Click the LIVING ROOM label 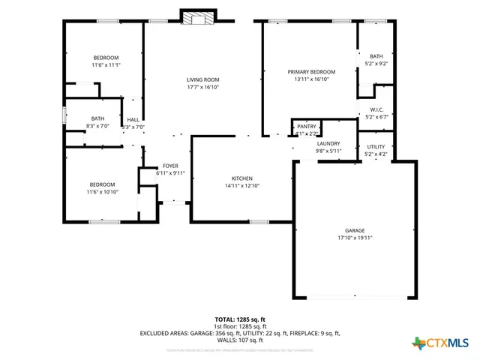click(x=202, y=79)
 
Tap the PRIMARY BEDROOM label click(x=311, y=72)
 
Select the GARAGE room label click(x=355, y=230)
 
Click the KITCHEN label click(x=241, y=178)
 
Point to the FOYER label click(x=170, y=166)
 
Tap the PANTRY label click(x=306, y=127)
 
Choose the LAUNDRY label click(x=328, y=143)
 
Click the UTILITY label click(x=376, y=147)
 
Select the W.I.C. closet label click(x=376, y=109)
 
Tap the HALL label click(x=133, y=120)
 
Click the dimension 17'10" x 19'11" click(x=355, y=238)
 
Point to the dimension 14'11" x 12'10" click(x=241, y=186)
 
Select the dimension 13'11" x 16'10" click(x=311, y=79)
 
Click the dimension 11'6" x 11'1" click(x=106, y=65)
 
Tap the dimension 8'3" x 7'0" click(x=97, y=126)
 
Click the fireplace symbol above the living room click(x=198, y=18)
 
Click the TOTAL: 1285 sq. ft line click(x=240, y=319)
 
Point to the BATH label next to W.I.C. click(x=376, y=56)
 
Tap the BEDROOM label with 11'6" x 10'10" click(x=102, y=184)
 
